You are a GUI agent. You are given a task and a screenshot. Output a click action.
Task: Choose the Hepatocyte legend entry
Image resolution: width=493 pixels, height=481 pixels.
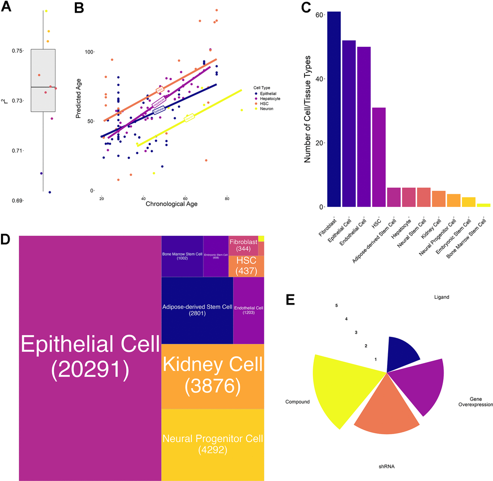point(270,99)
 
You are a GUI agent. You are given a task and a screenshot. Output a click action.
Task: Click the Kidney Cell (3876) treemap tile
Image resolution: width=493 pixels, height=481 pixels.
point(212,376)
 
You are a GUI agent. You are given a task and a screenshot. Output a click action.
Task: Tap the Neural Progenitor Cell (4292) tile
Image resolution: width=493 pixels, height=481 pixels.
point(212,444)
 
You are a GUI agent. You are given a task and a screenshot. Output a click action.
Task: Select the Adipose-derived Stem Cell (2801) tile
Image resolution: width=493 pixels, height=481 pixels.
point(197,310)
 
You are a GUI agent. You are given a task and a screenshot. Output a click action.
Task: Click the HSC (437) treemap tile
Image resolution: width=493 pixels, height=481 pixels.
point(246,266)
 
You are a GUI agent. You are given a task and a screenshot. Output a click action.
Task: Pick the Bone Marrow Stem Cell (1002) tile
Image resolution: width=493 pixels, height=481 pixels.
point(182,256)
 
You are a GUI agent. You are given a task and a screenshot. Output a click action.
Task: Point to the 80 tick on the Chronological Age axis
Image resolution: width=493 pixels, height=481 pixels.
point(227,198)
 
